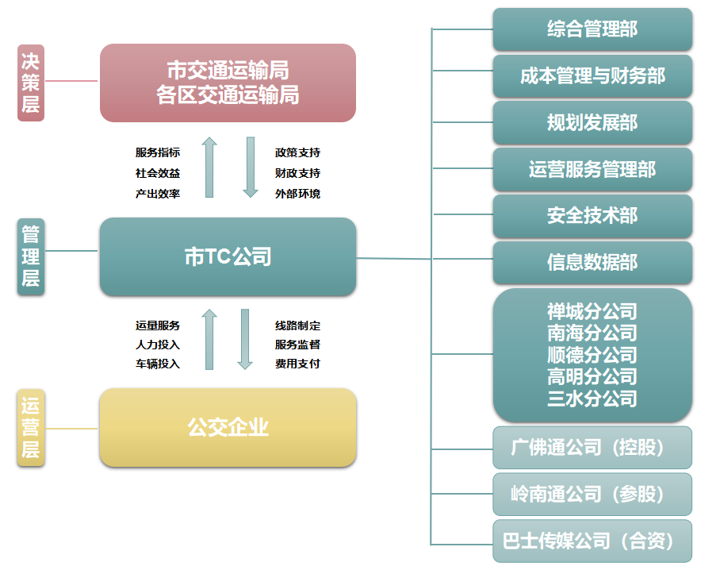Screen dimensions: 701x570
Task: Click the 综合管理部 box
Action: pos(592,29)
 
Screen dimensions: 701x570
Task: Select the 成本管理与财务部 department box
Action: pos(592,76)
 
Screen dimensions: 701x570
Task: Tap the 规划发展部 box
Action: pos(592,122)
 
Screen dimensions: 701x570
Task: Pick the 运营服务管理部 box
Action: pos(592,169)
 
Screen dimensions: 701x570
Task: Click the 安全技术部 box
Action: pos(592,216)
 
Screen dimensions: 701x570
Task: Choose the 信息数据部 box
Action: pos(592,262)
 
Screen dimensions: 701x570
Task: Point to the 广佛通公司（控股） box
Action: pos(592,448)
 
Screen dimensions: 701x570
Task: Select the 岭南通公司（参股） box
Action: pos(592,495)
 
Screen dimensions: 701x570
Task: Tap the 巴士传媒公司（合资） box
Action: pos(592,541)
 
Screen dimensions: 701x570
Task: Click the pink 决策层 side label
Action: pos(31,83)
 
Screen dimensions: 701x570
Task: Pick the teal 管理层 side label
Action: pos(31,256)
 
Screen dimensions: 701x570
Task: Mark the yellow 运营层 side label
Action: pos(31,428)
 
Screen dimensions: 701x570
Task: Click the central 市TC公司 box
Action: pos(228,256)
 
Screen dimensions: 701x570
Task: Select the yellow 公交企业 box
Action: pos(228,427)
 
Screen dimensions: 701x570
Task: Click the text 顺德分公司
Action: pos(592,355)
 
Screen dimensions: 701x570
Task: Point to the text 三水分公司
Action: pos(592,399)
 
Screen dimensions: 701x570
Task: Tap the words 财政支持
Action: pos(297,173)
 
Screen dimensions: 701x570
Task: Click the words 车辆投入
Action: pos(158,364)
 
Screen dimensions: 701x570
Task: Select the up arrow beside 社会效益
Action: pos(209,168)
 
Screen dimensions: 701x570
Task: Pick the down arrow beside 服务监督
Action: pos(245,339)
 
